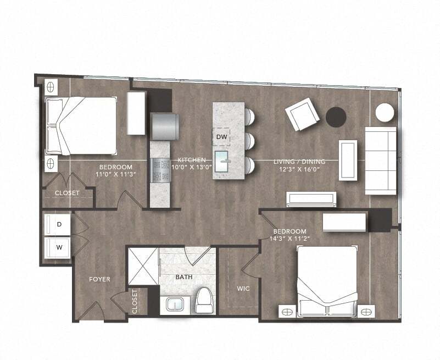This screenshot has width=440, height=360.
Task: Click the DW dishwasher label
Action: coord(221,136)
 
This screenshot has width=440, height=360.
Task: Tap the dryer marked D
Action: coord(59,224)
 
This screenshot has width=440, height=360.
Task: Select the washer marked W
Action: coord(59,247)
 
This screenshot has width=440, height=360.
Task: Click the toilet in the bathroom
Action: coord(204,300)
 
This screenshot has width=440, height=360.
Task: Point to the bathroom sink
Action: coord(175,304)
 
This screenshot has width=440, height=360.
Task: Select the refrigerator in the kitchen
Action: coord(164,126)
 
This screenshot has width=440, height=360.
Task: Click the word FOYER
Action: coord(99,279)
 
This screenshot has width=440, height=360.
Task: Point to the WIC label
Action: coord(243,288)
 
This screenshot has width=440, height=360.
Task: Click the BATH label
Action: coord(184,277)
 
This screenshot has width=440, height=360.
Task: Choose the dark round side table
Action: coord(336,117)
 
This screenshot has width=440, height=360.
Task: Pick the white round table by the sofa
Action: coord(385,113)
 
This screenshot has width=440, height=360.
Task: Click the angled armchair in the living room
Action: coord(302,114)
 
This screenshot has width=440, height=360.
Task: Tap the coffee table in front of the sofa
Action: coord(348,159)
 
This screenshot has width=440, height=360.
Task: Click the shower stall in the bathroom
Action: coord(143,266)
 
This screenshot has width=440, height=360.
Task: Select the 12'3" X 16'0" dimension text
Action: coord(299,170)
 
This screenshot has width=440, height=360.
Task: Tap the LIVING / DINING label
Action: coord(299,162)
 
